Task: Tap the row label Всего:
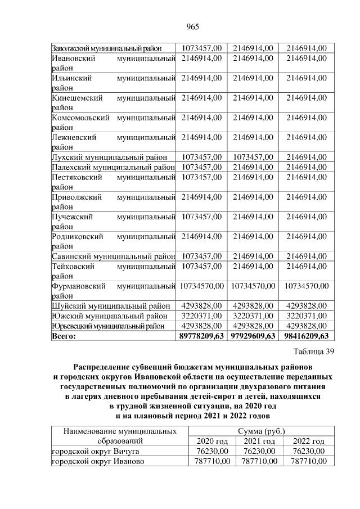point(64,336)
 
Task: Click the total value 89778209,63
point(202,336)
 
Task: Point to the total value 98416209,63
point(306,336)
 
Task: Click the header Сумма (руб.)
point(260,431)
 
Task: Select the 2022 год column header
point(309,442)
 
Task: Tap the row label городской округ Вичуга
point(95,451)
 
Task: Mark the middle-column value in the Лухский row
point(253,156)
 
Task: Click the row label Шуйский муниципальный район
point(110,305)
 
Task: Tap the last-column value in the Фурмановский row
point(306,286)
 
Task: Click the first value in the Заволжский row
point(202,48)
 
